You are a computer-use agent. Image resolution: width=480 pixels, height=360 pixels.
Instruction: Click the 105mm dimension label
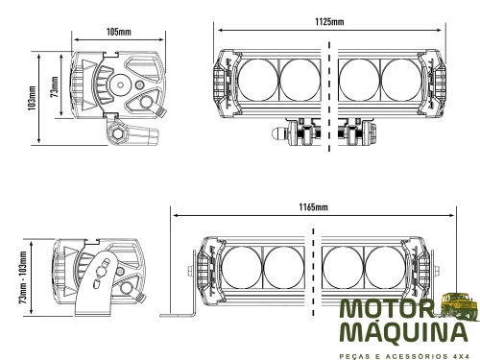point(119,32)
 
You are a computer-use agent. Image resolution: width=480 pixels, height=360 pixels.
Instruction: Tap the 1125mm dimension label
point(329,21)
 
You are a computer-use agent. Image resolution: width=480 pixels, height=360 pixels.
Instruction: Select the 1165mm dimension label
point(314,207)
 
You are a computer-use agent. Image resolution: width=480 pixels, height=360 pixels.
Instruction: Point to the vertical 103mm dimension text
point(33,98)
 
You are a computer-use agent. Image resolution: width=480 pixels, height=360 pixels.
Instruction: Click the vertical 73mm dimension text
point(55,86)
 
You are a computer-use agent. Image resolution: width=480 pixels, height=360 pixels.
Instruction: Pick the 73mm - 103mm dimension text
point(23,277)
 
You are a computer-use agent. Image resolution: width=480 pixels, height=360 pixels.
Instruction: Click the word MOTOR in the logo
point(387,309)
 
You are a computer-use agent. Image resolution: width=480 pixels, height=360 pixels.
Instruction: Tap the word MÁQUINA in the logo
point(403,332)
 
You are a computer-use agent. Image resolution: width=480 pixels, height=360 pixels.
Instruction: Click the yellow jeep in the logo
point(460,306)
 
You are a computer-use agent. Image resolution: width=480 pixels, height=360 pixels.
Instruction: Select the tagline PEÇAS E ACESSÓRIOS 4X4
point(404,356)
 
